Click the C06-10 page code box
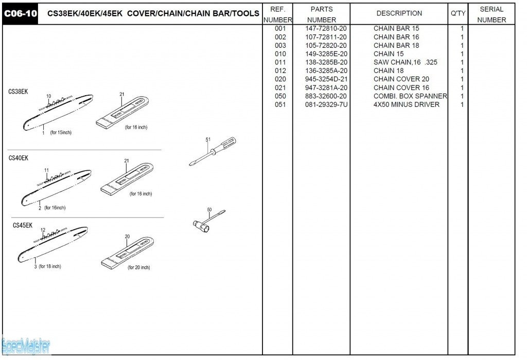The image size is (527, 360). tap(21, 14)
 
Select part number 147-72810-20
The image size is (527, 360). tap(326, 28)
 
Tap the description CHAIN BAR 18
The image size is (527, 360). tap(396, 45)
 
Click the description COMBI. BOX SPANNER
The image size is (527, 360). tap(410, 96)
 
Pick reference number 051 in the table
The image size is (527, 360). tap(280, 104)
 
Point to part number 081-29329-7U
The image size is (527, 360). tap(326, 104)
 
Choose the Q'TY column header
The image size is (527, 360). tap(458, 14)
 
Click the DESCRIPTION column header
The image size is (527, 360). tap(399, 14)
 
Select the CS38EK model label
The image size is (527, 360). tap(19, 92)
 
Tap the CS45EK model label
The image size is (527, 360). tap(23, 225)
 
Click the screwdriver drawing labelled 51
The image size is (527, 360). tap(213, 151)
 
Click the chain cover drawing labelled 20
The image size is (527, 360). tap(128, 253)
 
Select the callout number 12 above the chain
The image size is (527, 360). tap(43, 230)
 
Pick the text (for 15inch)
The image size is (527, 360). tap(61, 133)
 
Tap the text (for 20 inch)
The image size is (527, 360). tap(139, 267)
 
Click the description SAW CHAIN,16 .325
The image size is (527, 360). tap(405, 62)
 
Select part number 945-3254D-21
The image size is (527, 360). tap(326, 79)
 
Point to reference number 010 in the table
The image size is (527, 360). tap(280, 53)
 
